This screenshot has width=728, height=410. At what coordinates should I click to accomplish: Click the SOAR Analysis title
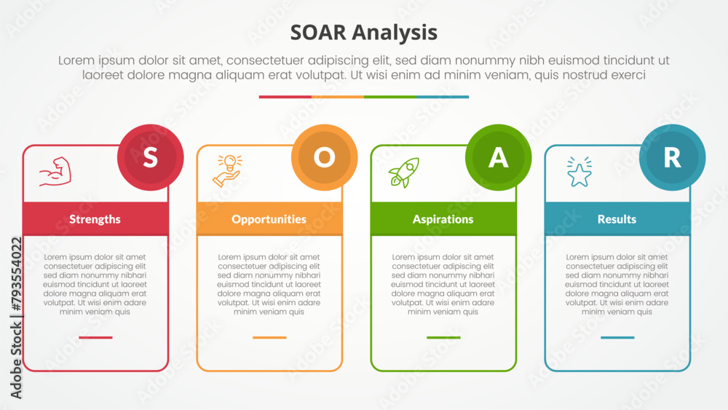click(x=363, y=33)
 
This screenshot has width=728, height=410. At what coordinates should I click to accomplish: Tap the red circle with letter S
click(x=151, y=157)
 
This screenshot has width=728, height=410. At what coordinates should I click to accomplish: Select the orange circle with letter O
click(x=325, y=157)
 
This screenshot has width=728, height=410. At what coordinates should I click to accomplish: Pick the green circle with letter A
click(x=498, y=157)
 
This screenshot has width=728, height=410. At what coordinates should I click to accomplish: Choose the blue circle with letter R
click(x=672, y=157)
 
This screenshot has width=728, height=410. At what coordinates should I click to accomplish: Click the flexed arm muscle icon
click(x=55, y=172)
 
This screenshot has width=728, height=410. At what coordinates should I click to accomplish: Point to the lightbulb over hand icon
click(x=227, y=171)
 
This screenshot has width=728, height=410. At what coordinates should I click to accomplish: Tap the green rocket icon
click(x=404, y=173)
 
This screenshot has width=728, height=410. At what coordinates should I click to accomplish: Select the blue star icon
click(x=579, y=172)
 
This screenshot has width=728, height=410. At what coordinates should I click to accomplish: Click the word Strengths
click(x=95, y=219)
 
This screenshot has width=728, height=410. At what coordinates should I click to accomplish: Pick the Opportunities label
click(x=269, y=219)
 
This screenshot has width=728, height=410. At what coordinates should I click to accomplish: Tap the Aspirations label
click(x=443, y=219)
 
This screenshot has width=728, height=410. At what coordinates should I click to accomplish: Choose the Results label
click(x=617, y=219)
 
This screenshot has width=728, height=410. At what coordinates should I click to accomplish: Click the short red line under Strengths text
click(x=95, y=338)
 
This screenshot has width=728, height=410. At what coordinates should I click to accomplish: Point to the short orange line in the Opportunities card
click(x=269, y=338)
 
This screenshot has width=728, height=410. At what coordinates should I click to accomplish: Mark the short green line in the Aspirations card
click(x=443, y=338)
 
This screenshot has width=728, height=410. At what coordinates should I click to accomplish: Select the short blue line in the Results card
click(x=617, y=338)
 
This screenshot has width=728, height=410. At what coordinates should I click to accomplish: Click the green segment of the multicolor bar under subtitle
click(x=390, y=97)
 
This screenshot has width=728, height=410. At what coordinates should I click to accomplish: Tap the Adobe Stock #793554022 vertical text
click(x=16, y=318)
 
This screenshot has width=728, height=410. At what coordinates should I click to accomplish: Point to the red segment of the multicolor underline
click(x=285, y=97)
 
